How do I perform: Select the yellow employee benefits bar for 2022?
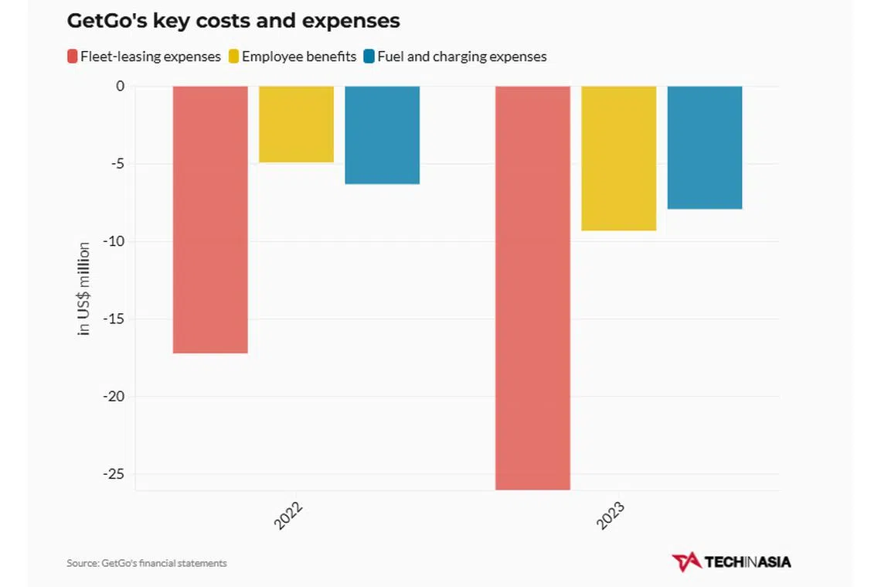pyautogui.click(x=296, y=124)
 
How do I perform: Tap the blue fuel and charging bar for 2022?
pyautogui.click(x=382, y=135)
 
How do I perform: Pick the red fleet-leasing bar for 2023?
pyautogui.click(x=532, y=287)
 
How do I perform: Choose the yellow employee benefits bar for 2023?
pyautogui.click(x=618, y=158)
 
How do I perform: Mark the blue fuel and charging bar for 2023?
pyautogui.click(x=705, y=147)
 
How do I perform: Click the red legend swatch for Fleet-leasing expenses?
pyautogui.click(x=73, y=56)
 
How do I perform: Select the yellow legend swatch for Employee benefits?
pyautogui.click(x=234, y=56)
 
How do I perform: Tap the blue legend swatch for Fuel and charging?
pyautogui.click(x=369, y=56)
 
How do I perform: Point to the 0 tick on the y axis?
pyautogui.click(x=120, y=86)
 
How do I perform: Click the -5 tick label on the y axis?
pyautogui.click(x=116, y=164)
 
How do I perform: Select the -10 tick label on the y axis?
pyautogui.click(x=113, y=241)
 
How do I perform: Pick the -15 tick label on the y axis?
pyautogui.click(x=113, y=319)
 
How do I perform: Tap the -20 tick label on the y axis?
pyautogui.click(x=113, y=397)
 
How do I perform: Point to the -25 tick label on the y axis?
pyautogui.click(x=113, y=474)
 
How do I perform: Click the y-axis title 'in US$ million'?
pyautogui.click(x=84, y=288)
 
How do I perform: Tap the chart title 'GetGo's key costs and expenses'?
pyautogui.click(x=233, y=21)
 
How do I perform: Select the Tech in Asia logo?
pyautogui.click(x=731, y=561)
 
